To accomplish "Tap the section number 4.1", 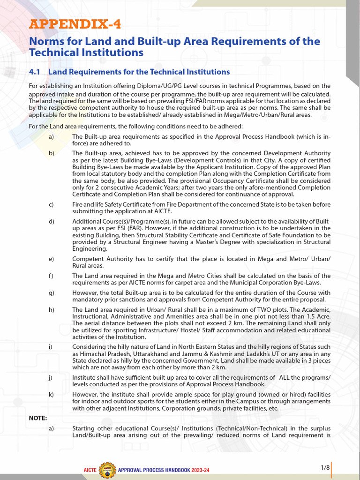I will coord(36,72).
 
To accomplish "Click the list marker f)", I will coord(51,276).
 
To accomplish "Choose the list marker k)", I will coord(51,395).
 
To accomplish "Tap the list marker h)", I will coord(51,309).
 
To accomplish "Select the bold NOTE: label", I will coord(38,418).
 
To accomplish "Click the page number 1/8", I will coord(325,467).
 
